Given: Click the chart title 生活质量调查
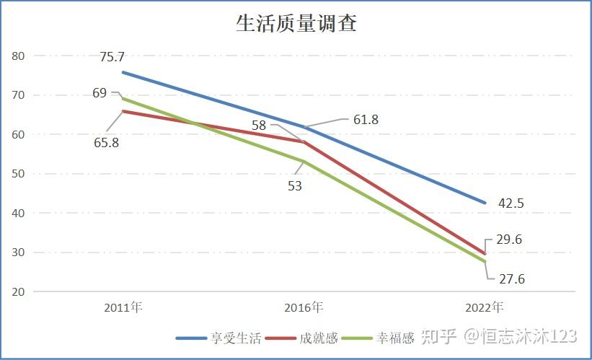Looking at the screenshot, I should [296, 24].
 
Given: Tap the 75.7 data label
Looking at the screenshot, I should [112, 57].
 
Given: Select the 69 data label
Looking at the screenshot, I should [100, 92].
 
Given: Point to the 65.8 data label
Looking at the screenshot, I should [106, 142].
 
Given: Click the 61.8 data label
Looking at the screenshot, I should [366, 120].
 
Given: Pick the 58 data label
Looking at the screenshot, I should [259, 125].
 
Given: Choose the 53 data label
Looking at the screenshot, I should [294, 185].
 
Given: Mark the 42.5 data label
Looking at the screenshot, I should [511, 203].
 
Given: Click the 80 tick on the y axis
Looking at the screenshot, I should [19, 56].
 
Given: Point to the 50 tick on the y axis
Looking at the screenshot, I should [19, 174].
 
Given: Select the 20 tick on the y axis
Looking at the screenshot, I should [19, 291].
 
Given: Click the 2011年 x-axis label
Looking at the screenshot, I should [123, 307].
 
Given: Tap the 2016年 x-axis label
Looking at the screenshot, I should [304, 307].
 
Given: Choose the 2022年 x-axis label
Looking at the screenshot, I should [484, 307].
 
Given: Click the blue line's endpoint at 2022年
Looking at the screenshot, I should [485, 203].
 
